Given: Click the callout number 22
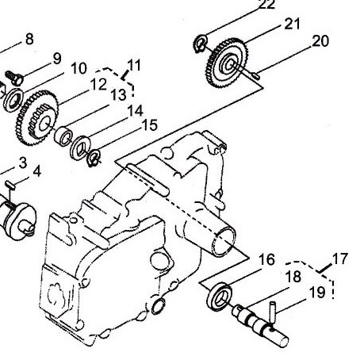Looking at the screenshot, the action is [266, 5].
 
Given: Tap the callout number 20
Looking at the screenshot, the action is [320, 41].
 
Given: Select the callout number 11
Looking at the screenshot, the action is [134, 65].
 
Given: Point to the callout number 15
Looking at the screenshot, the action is [150, 125].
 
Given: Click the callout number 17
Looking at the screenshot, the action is [340, 259].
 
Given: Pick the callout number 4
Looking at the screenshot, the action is [37, 171].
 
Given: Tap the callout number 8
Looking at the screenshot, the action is [29, 39].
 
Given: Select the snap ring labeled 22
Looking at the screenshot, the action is [200, 44].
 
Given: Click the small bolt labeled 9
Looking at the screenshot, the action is [14, 77].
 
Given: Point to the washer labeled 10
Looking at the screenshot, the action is [13, 99].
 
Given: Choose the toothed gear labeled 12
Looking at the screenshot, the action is [36, 118].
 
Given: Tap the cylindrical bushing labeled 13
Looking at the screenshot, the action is [63, 136].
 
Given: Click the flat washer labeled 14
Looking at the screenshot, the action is [80, 147].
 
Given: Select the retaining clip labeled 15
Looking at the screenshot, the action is [94, 158].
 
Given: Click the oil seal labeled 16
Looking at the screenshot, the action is [220, 297].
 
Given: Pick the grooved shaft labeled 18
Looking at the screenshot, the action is [260, 326].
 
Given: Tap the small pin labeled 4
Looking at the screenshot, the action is [11, 184].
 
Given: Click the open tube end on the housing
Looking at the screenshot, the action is [225, 242].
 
